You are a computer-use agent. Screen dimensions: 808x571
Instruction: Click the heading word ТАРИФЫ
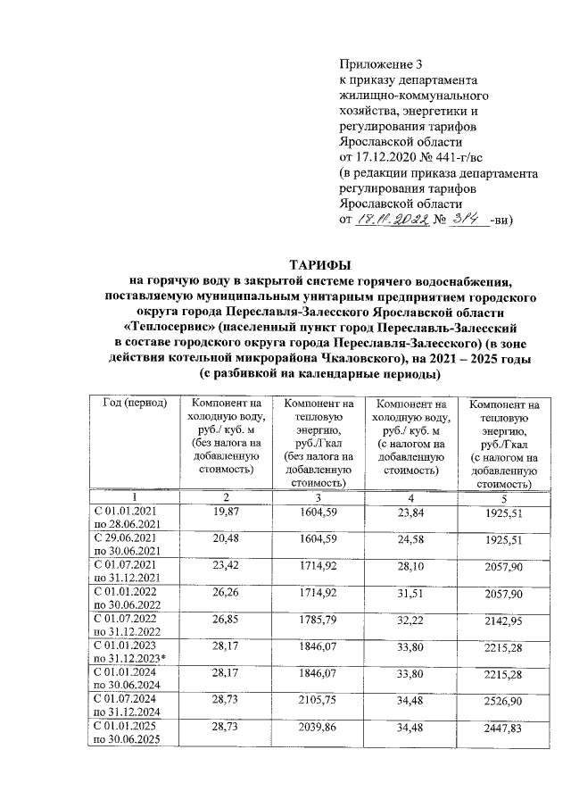(319, 263)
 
